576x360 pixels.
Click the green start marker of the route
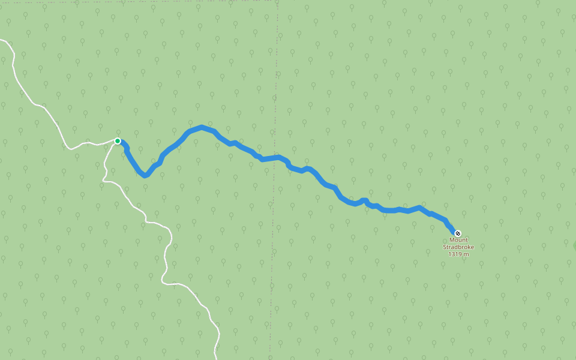pyautogui.click(x=118, y=141)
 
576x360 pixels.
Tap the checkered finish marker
pyautogui.click(x=458, y=233)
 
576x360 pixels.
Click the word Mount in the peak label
pyautogui.click(x=458, y=240)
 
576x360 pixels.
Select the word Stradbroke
pyautogui.click(x=458, y=247)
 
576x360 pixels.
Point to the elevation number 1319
pyautogui.click(x=455, y=254)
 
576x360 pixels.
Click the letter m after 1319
pyautogui.click(x=466, y=254)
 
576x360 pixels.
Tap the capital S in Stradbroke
pyautogui.click(x=445, y=247)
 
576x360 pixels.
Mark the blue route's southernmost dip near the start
pyautogui.click(x=145, y=176)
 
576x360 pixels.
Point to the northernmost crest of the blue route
pyautogui.click(x=202, y=127)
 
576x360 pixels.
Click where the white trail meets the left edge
pyautogui.click(x=2, y=40)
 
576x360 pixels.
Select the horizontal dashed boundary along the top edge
pyautogui.click(x=180, y=1)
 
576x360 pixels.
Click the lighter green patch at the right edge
pyautogui.click(x=574, y=245)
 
